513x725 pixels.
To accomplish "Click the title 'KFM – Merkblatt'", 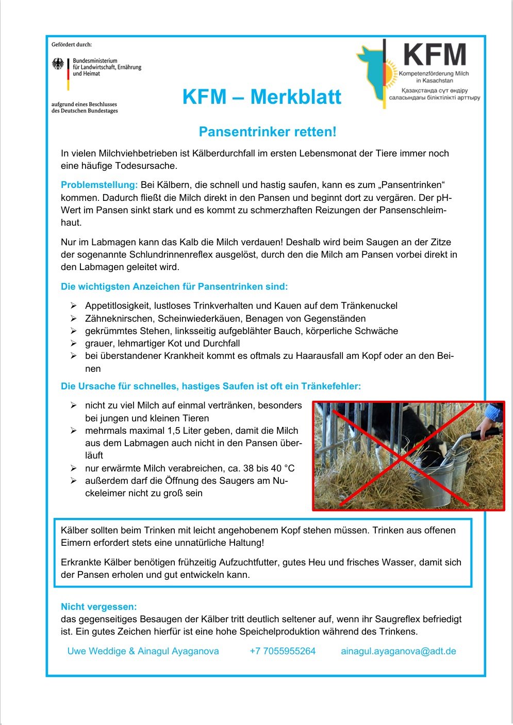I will click(x=261, y=97).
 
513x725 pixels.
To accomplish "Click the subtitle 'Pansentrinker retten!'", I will click(x=267, y=132).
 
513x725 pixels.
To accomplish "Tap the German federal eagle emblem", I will click(x=58, y=64).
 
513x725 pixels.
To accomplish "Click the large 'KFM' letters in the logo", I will click(x=435, y=55).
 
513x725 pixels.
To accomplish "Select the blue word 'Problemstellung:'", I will click(x=99, y=185).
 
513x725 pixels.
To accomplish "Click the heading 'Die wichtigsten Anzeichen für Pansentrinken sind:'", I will click(x=174, y=287).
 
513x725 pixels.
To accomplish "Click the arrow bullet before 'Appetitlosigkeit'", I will click(x=74, y=306).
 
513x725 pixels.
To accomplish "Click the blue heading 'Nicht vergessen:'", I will click(x=99, y=607).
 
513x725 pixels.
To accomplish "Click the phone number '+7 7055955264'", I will click(x=283, y=651).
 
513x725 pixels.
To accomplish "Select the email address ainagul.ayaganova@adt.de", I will click(x=399, y=651).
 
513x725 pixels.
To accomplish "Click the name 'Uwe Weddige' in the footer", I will click(x=96, y=651).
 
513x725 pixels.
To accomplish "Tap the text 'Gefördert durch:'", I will click(x=72, y=45).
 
